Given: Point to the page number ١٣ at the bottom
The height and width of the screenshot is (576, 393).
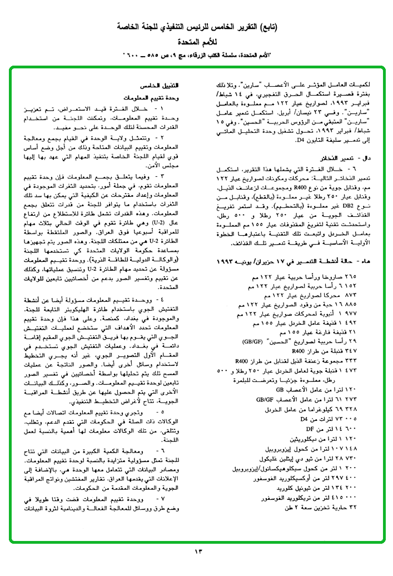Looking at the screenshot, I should (x=198, y=551).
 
